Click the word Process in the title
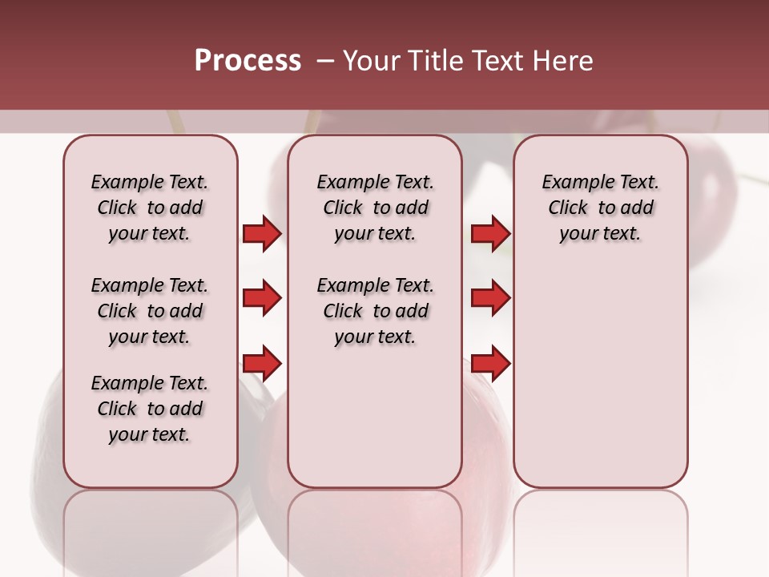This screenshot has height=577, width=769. tap(248, 61)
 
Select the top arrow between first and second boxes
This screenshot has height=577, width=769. tap(262, 233)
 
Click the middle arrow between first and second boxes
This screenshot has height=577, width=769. tap(262, 298)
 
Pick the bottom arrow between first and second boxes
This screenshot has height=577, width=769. tap(262, 364)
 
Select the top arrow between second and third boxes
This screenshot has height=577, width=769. tap(490, 233)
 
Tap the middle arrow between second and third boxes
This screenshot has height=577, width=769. tap(490, 298)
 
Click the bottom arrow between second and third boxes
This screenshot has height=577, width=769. tap(490, 364)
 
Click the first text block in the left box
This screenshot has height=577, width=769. tap(150, 208)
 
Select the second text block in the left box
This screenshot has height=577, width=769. tap(150, 311)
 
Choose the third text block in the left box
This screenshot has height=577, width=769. tap(150, 409)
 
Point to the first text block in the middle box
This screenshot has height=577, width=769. tap(375, 208)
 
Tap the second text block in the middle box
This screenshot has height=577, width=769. tap(375, 311)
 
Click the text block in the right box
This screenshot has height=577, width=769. tap(600, 208)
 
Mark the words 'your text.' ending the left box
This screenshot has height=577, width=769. tap(150, 434)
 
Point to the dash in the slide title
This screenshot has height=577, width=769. tap(324, 61)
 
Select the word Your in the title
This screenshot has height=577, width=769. tap(371, 61)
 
